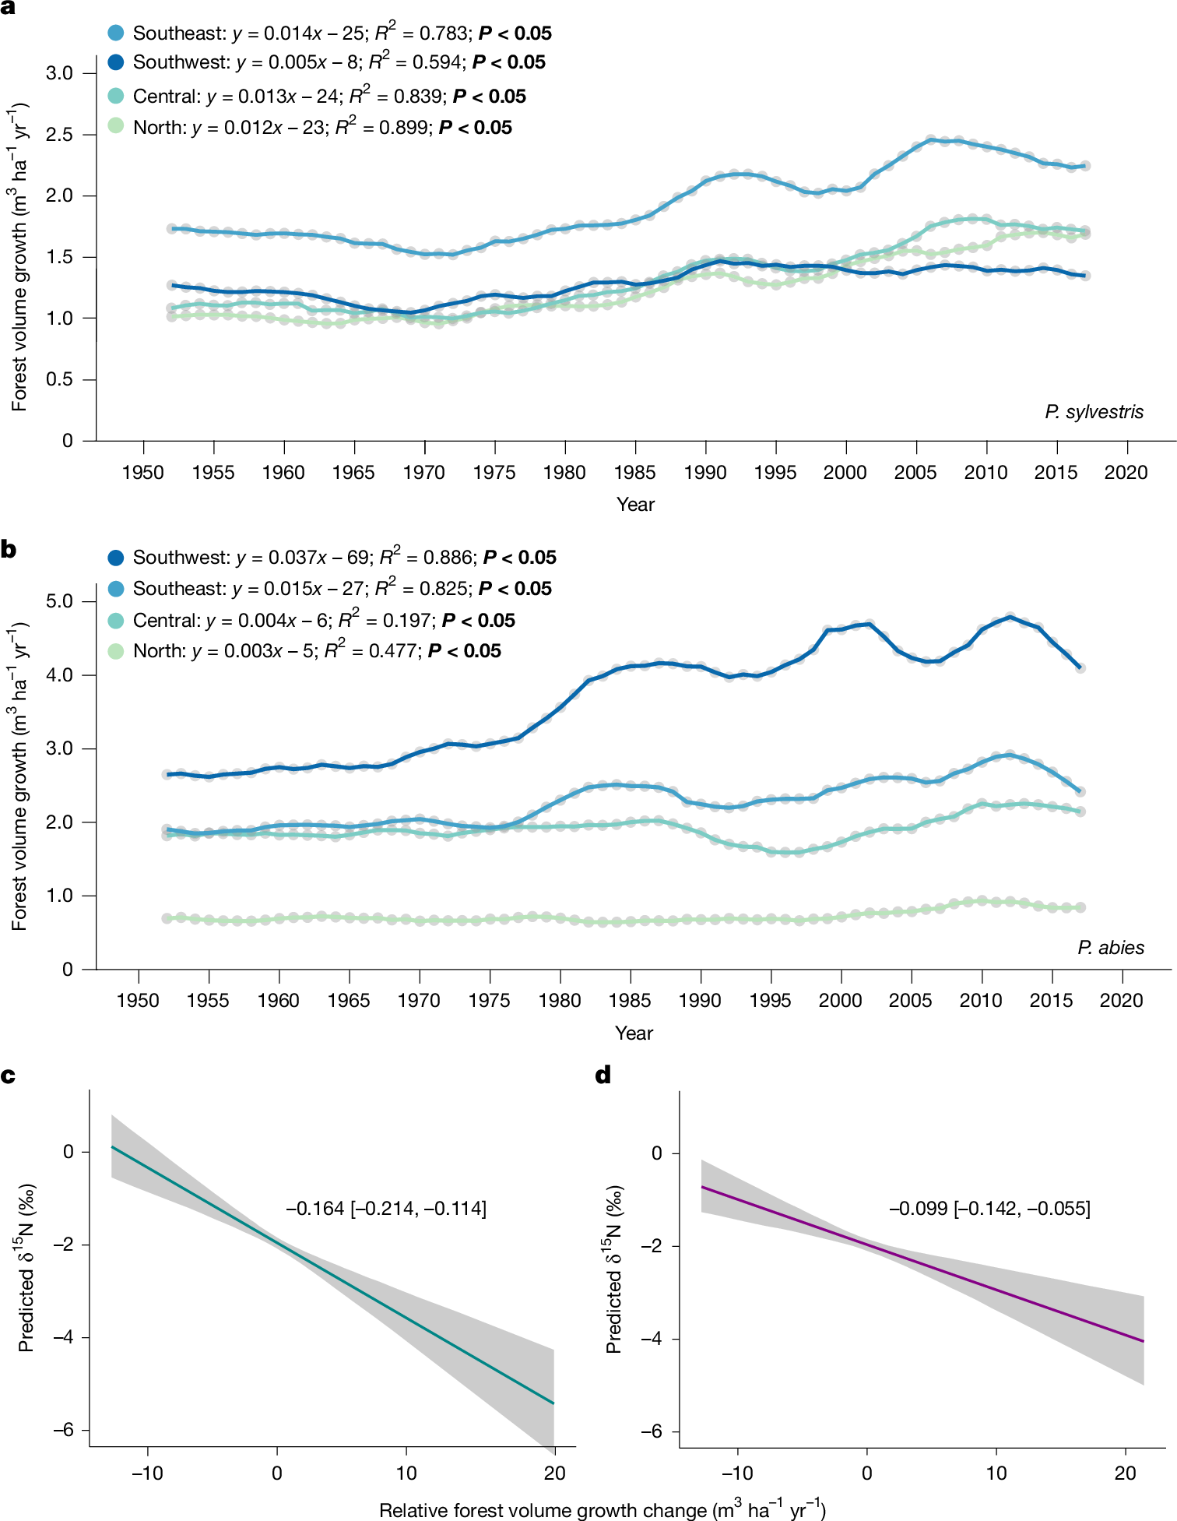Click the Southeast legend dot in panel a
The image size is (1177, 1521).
point(116,33)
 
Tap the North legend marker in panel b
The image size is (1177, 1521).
point(116,650)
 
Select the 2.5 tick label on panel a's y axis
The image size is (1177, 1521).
point(59,135)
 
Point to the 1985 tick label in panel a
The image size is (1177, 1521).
point(634,472)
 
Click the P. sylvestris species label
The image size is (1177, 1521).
point(1094,412)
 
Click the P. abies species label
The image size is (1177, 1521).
point(1110,948)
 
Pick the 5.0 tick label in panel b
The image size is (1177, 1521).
point(59,601)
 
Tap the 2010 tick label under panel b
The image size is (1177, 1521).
point(980,1000)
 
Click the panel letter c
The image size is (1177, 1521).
point(9,1076)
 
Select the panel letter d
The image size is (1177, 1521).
point(603,1076)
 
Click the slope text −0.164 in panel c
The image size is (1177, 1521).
point(315,1208)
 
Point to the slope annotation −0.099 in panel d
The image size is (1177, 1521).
point(919,1208)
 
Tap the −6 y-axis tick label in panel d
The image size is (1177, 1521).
point(651,1431)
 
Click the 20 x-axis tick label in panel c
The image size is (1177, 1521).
point(554,1473)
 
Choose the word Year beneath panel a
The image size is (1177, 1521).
point(635,504)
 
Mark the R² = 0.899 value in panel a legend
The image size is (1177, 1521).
point(382,127)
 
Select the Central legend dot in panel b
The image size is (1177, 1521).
point(116,620)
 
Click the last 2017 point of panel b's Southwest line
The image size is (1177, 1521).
point(1080,667)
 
